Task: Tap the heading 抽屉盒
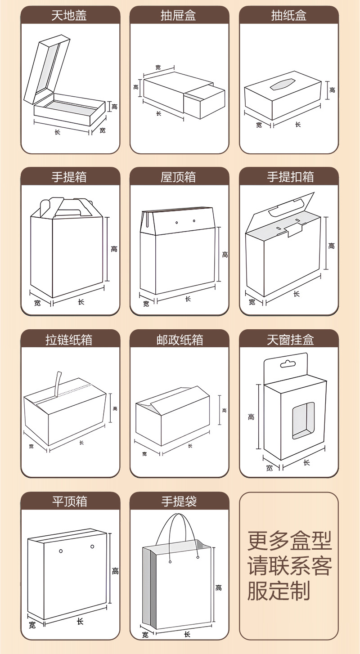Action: click(179, 16)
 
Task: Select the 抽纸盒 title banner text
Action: click(288, 16)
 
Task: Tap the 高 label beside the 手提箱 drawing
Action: click(114, 249)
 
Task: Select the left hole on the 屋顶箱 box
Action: click(177, 222)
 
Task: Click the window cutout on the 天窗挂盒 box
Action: click(303, 420)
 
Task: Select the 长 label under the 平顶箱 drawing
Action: click(80, 621)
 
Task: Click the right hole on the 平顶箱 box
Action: click(92, 546)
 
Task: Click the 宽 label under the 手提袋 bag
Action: click(145, 635)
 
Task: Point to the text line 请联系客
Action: click(290, 566)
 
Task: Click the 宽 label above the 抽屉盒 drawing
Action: click(158, 67)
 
